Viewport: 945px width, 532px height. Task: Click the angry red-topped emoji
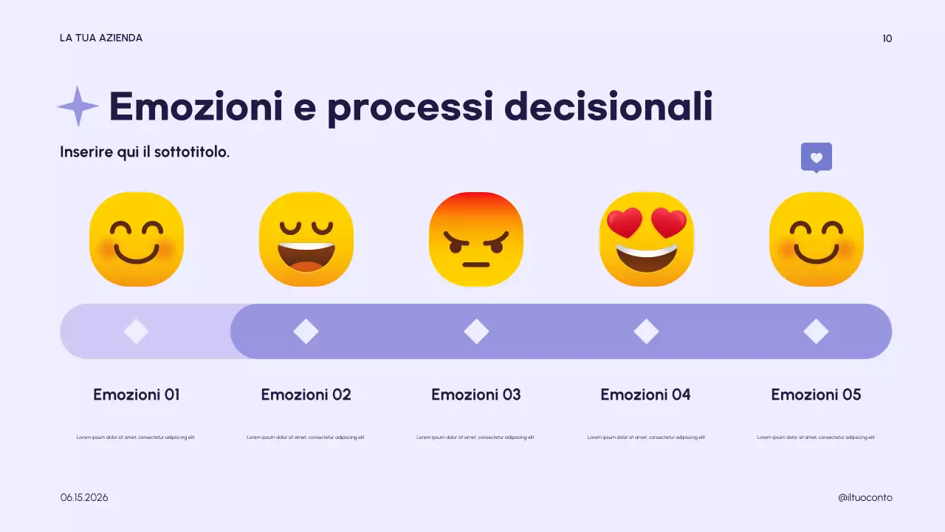click(476, 239)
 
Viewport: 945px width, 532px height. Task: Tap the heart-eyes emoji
click(646, 239)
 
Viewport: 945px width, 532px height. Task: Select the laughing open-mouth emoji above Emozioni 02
click(306, 239)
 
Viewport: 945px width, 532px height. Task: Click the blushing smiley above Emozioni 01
click(137, 239)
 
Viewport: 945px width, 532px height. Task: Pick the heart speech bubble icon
click(816, 157)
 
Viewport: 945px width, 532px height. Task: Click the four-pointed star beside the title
click(78, 106)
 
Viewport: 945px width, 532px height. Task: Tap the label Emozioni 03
click(476, 395)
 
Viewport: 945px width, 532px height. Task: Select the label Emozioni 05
click(816, 395)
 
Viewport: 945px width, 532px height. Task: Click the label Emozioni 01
click(137, 395)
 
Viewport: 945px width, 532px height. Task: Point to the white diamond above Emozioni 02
click(306, 331)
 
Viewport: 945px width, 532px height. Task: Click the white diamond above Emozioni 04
click(646, 331)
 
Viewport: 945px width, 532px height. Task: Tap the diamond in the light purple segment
click(136, 331)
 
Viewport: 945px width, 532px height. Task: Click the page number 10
click(887, 38)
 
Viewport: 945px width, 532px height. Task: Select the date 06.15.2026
click(84, 497)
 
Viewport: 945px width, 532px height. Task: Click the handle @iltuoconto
click(865, 497)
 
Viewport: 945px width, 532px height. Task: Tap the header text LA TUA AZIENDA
click(101, 38)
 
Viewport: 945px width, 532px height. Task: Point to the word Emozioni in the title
click(196, 106)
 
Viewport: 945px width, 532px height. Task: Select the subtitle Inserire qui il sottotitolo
click(145, 152)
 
